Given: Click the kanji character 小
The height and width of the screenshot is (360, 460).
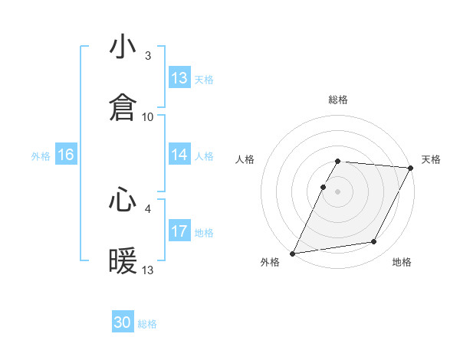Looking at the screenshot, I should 123,48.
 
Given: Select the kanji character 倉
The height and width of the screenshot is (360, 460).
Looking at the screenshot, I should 123,108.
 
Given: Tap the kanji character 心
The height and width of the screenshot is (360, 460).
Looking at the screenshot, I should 123,201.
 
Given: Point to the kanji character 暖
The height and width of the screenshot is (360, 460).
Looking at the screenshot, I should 123,261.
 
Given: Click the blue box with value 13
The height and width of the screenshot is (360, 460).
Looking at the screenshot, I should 179,78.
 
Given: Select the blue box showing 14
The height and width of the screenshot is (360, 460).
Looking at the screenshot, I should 179,155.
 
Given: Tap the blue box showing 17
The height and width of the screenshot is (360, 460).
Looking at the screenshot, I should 179,231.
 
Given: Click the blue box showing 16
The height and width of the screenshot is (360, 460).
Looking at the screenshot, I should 66,155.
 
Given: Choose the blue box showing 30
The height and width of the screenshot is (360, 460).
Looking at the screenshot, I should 123,322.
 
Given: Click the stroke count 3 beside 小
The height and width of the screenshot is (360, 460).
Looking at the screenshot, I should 148,56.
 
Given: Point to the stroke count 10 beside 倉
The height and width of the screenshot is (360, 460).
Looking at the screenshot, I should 148,116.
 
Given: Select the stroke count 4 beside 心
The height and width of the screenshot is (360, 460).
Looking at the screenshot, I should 148,208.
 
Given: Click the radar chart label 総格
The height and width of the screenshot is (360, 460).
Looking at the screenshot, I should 338,100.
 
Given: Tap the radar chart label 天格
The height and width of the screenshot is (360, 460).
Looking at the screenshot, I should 431,159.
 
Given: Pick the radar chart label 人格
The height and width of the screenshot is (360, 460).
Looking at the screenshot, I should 245,159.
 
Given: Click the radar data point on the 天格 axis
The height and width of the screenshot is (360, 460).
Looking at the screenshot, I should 411,168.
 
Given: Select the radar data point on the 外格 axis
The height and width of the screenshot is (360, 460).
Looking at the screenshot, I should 292,254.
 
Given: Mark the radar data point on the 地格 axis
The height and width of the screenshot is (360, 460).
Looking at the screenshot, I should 374,242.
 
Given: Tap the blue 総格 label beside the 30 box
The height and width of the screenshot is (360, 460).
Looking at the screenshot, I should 148,324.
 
